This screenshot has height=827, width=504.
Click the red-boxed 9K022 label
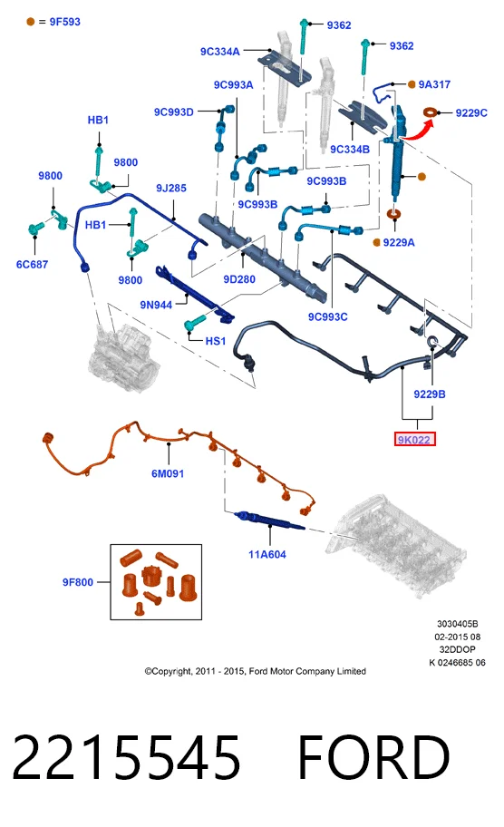[x=414, y=439]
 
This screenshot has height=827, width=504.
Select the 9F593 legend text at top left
[x=65, y=22]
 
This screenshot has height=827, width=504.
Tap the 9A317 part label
[x=434, y=84]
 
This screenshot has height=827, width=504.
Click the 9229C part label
[x=471, y=112]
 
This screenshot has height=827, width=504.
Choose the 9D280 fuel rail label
[x=239, y=279]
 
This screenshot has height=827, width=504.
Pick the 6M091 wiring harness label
[x=168, y=473]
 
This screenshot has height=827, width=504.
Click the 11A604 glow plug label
[x=267, y=554]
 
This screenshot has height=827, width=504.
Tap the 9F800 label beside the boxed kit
[x=77, y=582]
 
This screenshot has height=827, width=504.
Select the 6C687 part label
[x=32, y=264]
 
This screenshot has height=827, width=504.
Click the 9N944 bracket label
[x=156, y=305]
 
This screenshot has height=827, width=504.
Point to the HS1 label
[x=215, y=341]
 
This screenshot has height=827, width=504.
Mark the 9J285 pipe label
[x=171, y=189]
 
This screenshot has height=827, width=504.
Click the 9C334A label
[x=220, y=52]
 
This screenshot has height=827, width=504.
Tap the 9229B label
[x=430, y=394]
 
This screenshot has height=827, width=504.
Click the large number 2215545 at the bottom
[x=127, y=758]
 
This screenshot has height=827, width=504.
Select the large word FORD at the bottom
[x=373, y=758]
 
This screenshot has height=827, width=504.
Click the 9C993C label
[x=328, y=317]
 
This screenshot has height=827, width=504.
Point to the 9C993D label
[x=174, y=112]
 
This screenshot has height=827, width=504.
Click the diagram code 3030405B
[x=457, y=624]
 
